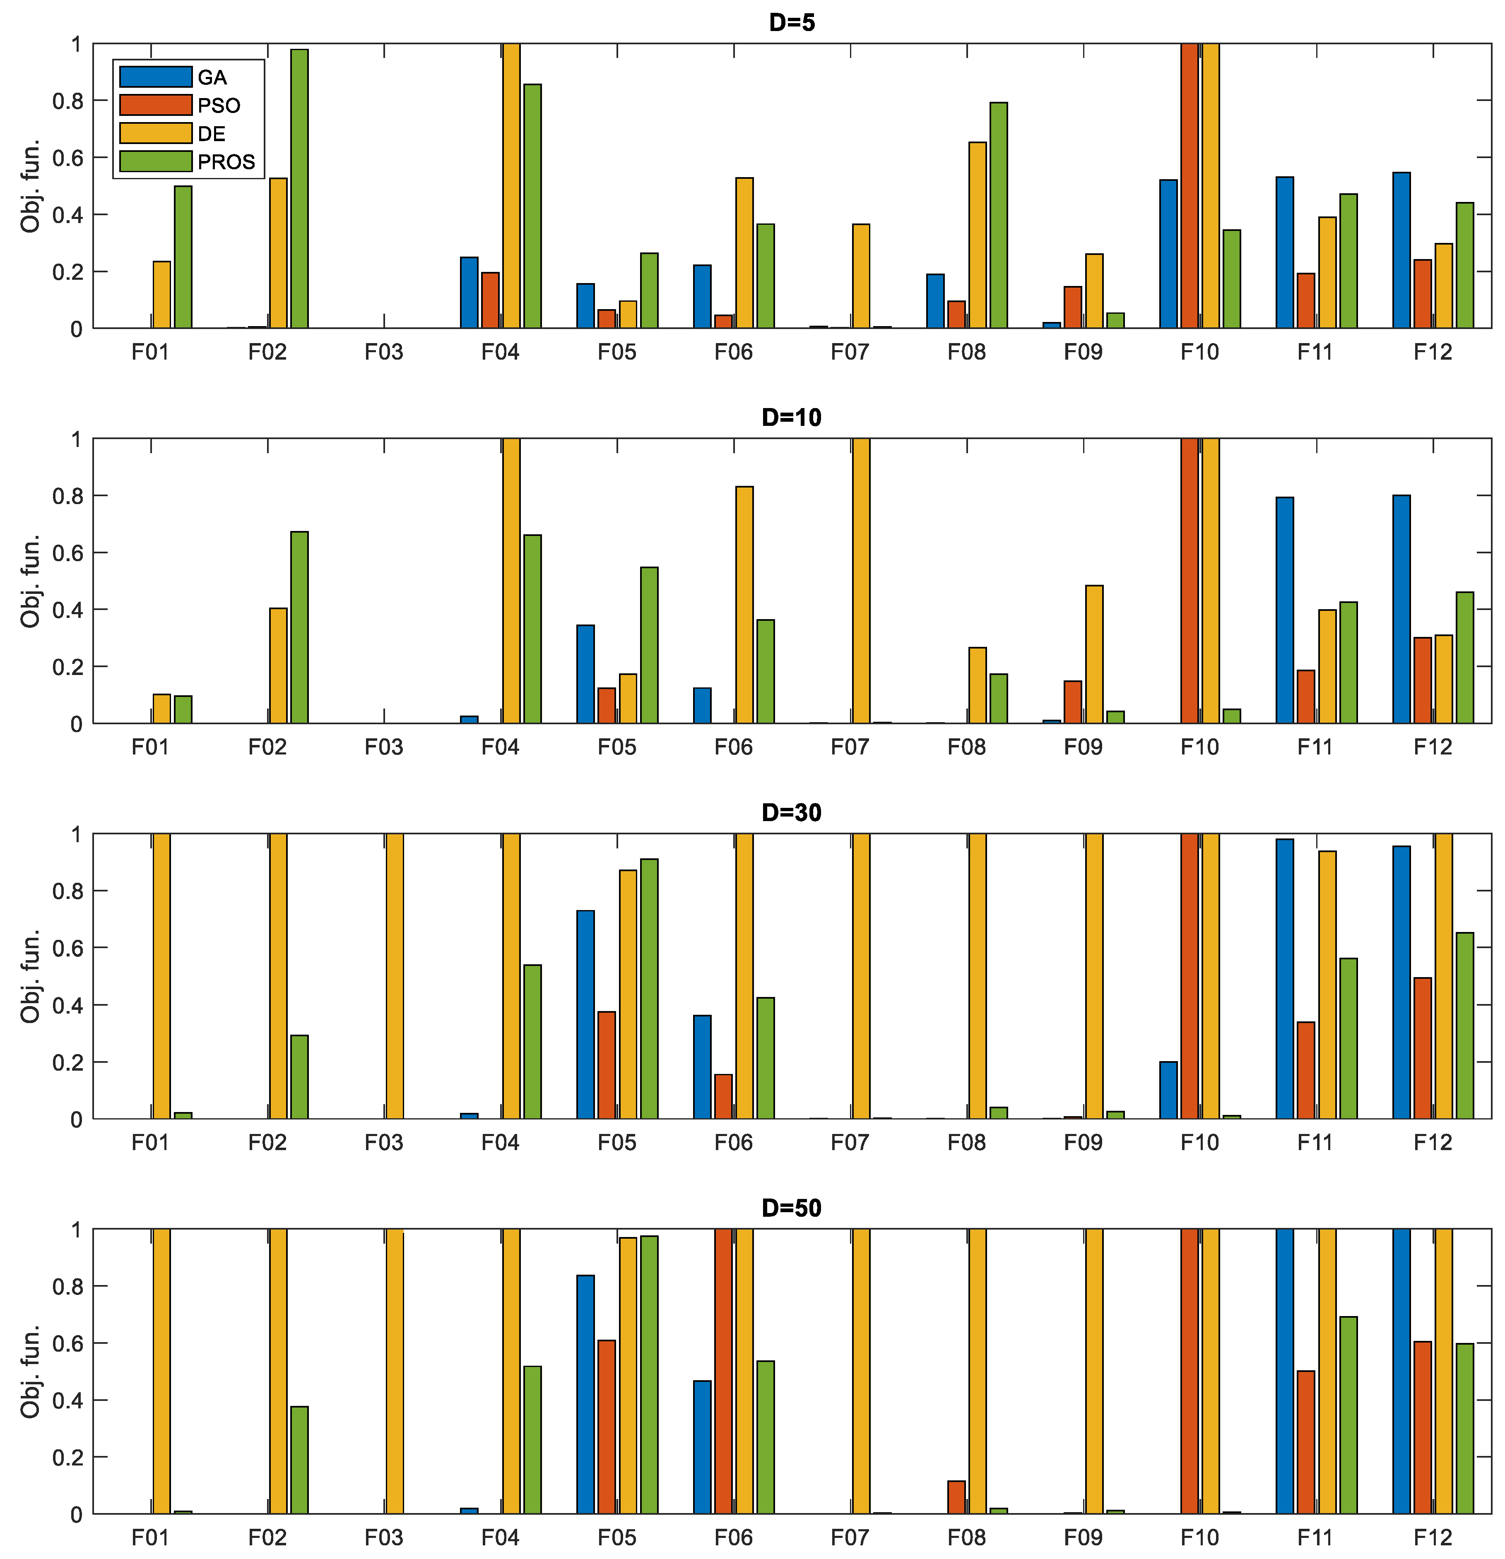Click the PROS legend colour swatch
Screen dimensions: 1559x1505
point(155,161)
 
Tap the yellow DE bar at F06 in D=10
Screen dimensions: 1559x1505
point(744,605)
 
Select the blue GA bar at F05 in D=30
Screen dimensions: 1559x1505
point(585,1014)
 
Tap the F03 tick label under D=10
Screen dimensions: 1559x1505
point(384,747)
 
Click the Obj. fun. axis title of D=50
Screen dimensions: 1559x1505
point(30,1372)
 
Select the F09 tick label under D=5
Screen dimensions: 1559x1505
point(1082,351)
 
